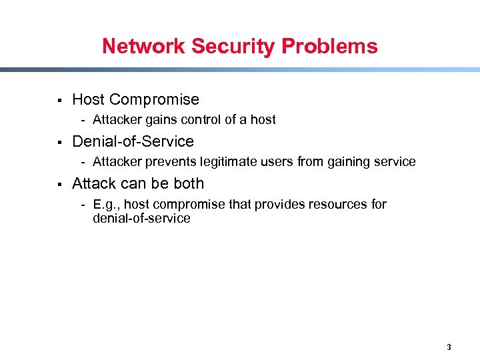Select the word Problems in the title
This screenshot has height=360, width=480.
(329, 47)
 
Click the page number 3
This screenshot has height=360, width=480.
(449, 347)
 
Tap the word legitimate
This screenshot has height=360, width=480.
(226, 162)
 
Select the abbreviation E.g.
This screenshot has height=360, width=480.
(106, 204)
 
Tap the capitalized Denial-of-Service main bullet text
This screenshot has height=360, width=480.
(133, 141)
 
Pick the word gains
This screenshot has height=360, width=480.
(156, 120)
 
